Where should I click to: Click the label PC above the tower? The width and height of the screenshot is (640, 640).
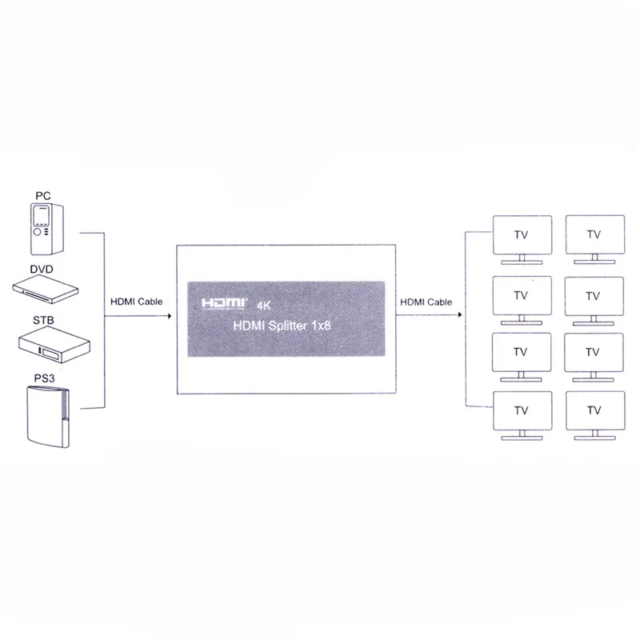click(43, 195)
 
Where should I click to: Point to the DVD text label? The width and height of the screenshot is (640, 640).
click(42, 270)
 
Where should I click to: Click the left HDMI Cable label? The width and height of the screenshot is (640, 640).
click(136, 302)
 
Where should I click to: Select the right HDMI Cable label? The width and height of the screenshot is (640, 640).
click(426, 302)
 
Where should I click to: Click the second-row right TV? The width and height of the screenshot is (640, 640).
click(593, 298)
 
